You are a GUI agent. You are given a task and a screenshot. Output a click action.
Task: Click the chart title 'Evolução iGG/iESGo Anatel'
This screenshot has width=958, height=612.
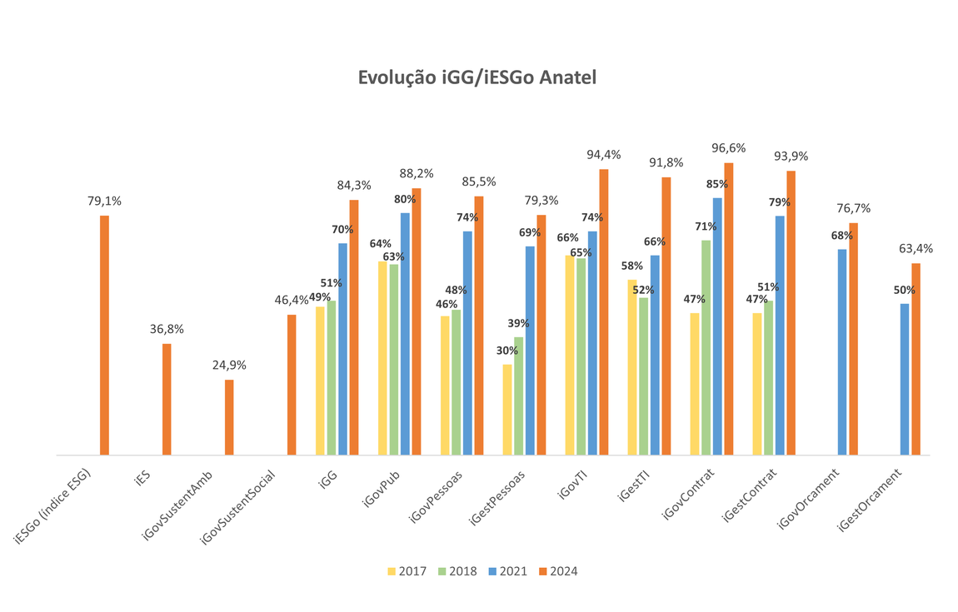point(477,77)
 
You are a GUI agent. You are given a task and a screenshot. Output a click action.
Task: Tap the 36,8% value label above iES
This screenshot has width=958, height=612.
point(167,329)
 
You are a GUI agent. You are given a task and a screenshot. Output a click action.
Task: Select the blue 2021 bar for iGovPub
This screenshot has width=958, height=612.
point(405,334)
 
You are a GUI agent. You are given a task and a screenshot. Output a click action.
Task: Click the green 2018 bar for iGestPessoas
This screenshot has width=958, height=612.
point(518,396)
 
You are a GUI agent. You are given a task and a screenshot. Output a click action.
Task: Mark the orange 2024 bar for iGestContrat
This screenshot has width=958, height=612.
point(791,313)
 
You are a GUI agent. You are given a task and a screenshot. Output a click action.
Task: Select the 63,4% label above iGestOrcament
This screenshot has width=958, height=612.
point(916,248)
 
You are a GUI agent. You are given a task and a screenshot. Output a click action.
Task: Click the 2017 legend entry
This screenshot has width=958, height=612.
point(407,571)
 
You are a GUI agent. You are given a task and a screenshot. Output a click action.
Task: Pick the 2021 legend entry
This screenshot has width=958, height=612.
point(508,571)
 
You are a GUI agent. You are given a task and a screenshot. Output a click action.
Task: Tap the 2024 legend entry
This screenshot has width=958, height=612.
point(557,571)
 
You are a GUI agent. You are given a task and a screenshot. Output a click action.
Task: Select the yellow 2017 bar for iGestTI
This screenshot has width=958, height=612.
point(632,367)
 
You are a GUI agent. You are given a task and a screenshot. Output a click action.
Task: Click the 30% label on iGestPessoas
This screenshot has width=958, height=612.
point(507,351)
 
